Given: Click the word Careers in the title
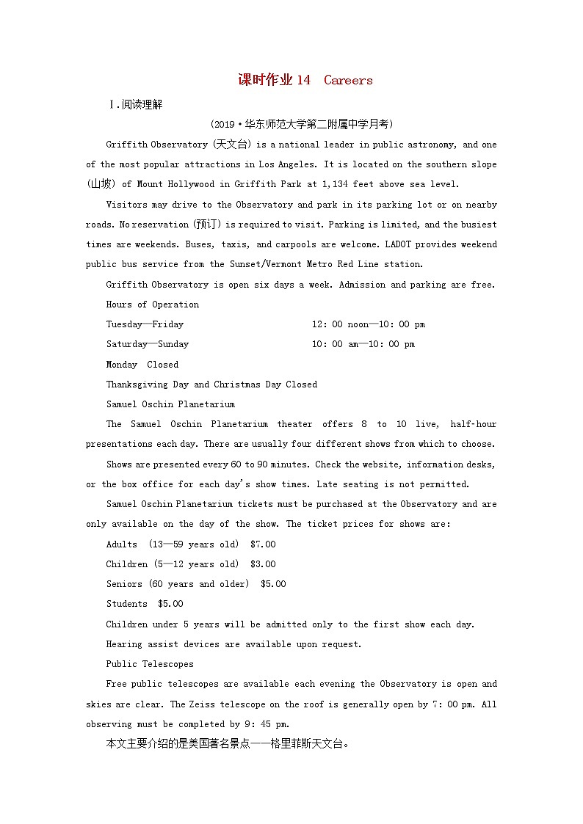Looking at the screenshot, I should [x=348, y=81].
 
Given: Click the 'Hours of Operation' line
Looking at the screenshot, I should [x=153, y=305].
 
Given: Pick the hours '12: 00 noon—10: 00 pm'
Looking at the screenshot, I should [x=368, y=324].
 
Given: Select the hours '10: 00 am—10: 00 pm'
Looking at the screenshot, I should [x=363, y=344].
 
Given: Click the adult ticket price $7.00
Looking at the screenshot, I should [x=263, y=544].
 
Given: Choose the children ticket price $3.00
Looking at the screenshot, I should [x=263, y=564].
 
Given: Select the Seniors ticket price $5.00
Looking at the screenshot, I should [x=273, y=584].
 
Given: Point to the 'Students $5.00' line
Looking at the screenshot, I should [x=145, y=604].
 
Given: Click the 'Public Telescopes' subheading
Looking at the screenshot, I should [x=150, y=664].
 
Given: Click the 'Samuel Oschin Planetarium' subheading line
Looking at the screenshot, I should [x=170, y=404].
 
